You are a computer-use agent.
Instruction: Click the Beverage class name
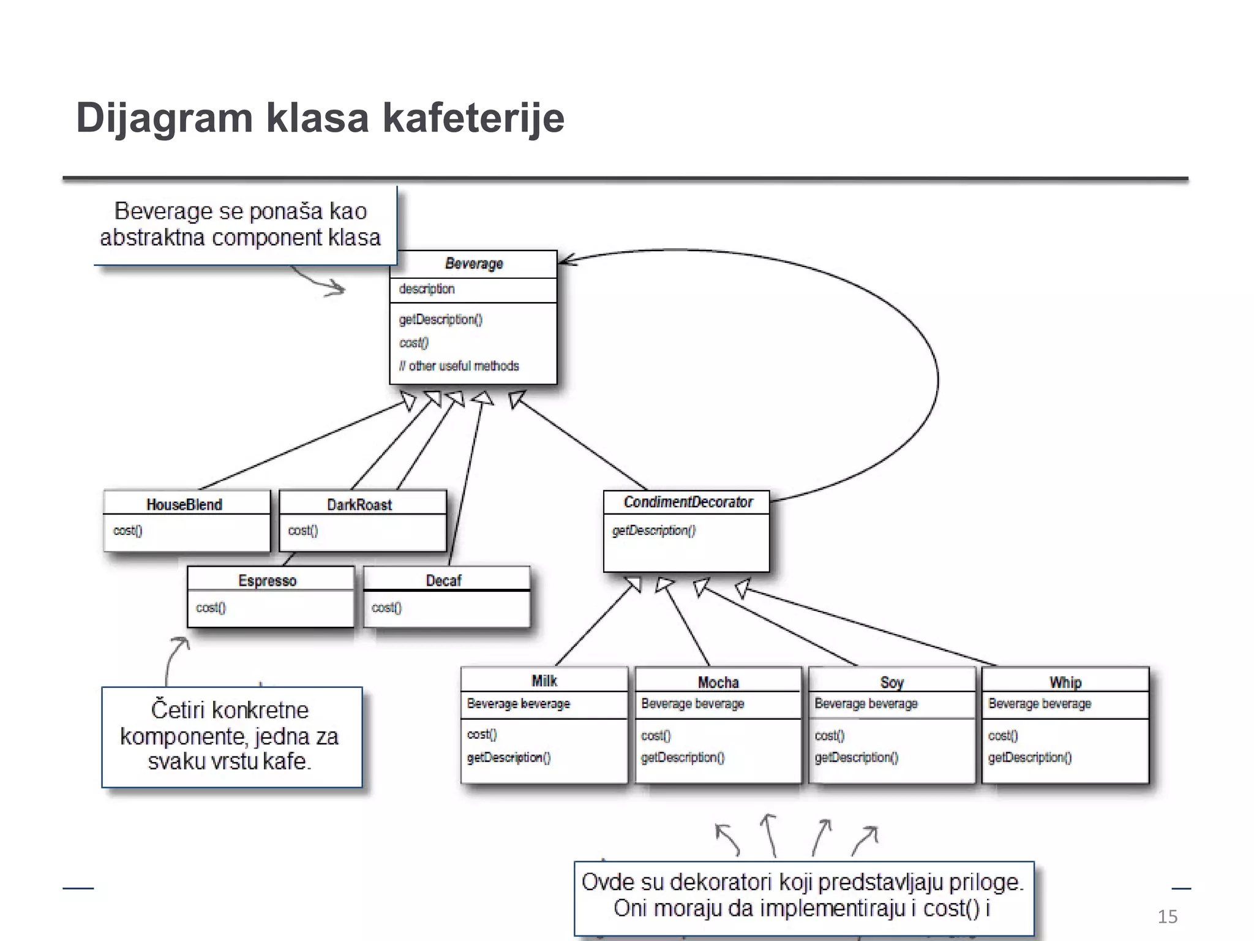[474, 263]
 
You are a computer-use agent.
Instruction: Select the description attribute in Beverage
[427, 289]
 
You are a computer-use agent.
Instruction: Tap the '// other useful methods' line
[459, 366]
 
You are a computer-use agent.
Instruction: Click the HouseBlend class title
[184, 504]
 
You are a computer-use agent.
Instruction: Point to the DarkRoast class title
[359, 504]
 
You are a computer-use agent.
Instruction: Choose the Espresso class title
[268, 580]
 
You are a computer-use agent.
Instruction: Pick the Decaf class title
[443, 580]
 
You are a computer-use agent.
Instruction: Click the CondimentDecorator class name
[688, 502]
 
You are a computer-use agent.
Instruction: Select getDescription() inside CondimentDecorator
[654, 531]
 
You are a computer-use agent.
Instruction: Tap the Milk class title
[544, 681]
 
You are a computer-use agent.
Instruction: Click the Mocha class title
[718, 682]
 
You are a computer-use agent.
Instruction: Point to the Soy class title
[892, 682]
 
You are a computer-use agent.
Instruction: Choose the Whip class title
[1065, 682]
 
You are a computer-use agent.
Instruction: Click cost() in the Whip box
[1003, 735]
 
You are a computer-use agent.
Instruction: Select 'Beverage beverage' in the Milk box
[519, 703]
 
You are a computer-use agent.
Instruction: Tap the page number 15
[1167, 916]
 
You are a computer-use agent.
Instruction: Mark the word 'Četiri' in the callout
[178, 710]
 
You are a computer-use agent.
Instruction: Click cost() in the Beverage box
[414, 342]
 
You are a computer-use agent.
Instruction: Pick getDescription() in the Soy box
[857, 758]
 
